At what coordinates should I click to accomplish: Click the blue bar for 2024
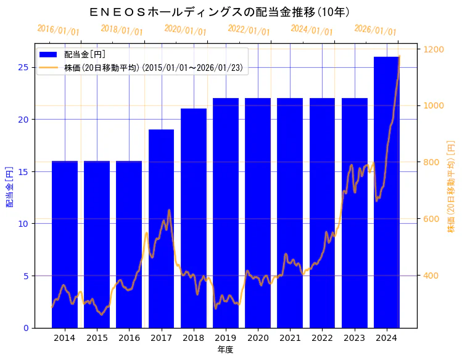(x=387, y=192)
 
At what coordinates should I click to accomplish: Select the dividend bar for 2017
(x=161, y=228)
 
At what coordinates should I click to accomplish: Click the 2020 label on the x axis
(x=258, y=338)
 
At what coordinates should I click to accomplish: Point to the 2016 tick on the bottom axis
(x=129, y=338)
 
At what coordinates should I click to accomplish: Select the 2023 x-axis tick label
(x=355, y=338)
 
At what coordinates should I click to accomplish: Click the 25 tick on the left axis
(x=23, y=67)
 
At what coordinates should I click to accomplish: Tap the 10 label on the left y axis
(x=23, y=223)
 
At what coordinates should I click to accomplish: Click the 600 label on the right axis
(x=431, y=219)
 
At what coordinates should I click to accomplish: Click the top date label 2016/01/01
(x=59, y=30)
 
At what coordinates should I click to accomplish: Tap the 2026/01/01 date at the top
(x=376, y=30)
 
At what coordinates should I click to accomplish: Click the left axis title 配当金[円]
(x=9, y=186)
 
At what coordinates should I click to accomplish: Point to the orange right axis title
(x=452, y=186)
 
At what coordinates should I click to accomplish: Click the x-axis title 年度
(x=225, y=350)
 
